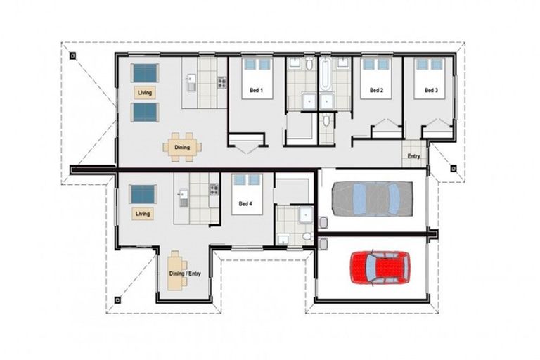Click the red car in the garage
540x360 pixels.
tap(380, 267)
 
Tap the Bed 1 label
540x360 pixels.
tap(256, 91)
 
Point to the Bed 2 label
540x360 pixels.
tap(376, 91)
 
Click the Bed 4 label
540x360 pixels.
tap(245, 204)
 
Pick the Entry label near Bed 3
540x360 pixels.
tap(413, 157)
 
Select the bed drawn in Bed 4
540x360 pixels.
tap(247, 186)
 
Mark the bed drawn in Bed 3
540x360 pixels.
tap(430, 70)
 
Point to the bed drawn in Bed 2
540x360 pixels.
tap(376, 70)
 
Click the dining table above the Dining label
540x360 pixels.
tap(182, 148)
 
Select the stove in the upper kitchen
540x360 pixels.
tap(221, 82)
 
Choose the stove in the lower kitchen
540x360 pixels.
tap(214, 189)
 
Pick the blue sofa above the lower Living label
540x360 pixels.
tap(143, 193)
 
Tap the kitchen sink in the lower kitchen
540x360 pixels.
tap(183, 197)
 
